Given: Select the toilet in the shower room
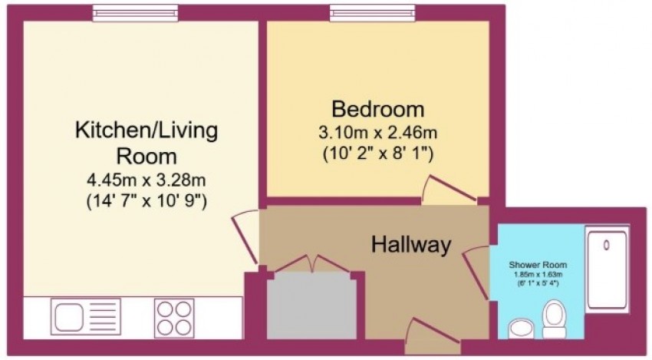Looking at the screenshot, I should pyautogui.click(x=553, y=317).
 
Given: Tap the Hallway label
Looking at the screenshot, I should pyautogui.click(x=410, y=246).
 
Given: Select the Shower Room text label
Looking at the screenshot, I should pyautogui.click(x=537, y=265).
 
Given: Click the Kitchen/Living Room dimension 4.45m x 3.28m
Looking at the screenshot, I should pyautogui.click(x=146, y=181).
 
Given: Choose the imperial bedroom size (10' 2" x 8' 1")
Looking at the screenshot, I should pyautogui.click(x=377, y=154).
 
